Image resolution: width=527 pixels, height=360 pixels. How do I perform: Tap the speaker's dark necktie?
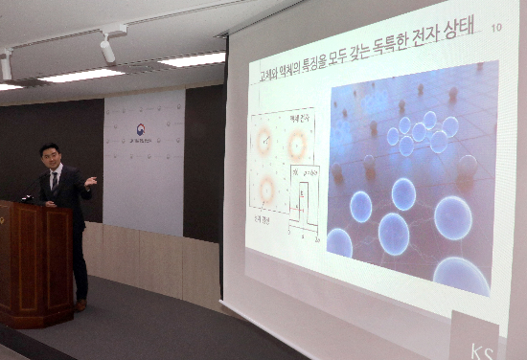pos(56,181)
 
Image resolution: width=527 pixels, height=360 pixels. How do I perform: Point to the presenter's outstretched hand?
pos(90,180)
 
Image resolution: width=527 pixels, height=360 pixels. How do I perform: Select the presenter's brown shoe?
pos(80,305)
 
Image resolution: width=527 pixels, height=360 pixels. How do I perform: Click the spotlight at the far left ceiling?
pos(6,66)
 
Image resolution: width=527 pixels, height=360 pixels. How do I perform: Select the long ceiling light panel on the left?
pos(81,75)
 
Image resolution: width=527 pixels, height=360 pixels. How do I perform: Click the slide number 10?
pos(494,29)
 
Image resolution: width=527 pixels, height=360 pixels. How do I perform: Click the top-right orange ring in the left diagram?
pos(297,145)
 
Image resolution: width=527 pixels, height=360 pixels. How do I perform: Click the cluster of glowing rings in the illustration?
pos(422,133)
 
